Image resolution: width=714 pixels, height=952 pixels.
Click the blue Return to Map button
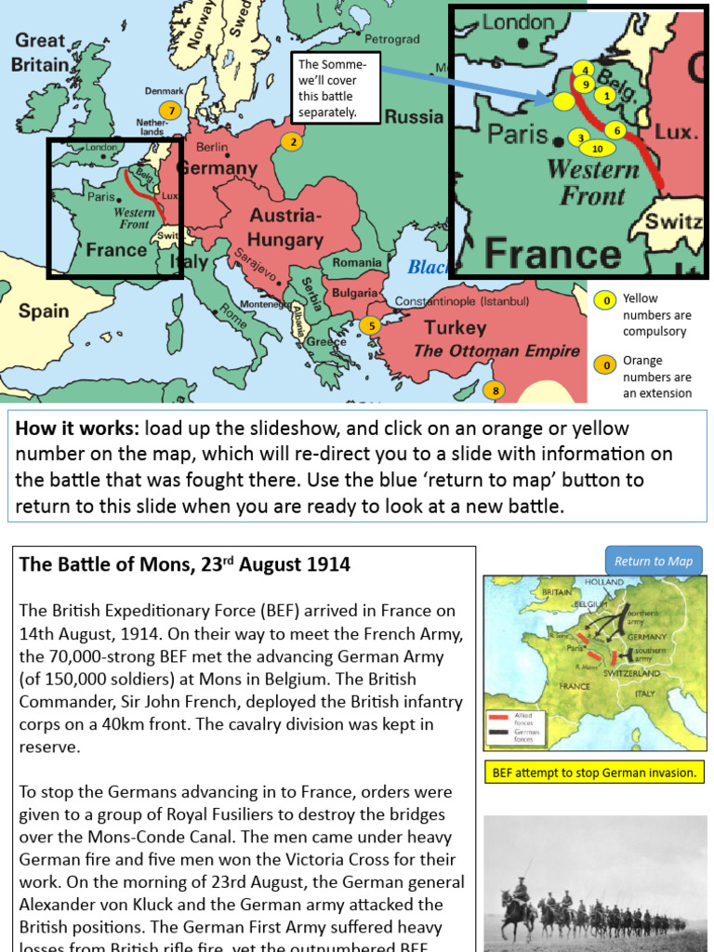click(x=654, y=561)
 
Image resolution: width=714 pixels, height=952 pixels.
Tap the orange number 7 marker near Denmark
click(x=168, y=111)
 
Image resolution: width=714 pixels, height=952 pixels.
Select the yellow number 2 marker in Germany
click(x=293, y=142)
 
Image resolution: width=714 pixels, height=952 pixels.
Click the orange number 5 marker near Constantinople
click(x=369, y=325)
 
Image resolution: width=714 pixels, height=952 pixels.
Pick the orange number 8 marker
click(x=496, y=390)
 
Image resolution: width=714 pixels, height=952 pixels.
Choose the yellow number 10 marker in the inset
click(x=597, y=149)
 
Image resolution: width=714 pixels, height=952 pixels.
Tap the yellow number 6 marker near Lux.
click(x=616, y=130)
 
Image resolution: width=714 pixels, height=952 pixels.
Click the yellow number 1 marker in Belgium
click(x=606, y=95)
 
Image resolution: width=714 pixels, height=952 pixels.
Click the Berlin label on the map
click(x=212, y=147)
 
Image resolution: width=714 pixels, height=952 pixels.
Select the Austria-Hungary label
click(x=285, y=228)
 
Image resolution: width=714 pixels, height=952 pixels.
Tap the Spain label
click(x=44, y=311)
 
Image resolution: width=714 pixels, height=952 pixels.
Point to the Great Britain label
click(x=41, y=53)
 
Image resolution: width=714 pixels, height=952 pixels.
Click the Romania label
click(x=357, y=263)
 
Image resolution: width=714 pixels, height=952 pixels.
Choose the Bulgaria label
click(x=354, y=293)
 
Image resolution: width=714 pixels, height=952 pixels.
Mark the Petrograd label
click(x=391, y=40)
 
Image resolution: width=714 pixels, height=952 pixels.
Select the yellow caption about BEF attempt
click(x=594, y=773)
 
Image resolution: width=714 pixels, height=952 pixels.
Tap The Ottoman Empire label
click(x=496, y=350)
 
